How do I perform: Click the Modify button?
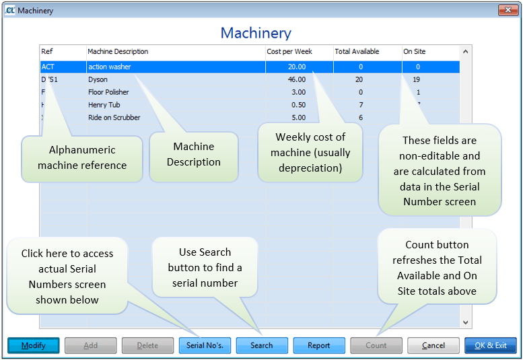coord(34,345)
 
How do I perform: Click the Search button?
coord(261,345)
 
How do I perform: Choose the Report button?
coord(318,345)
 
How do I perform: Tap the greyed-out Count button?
coord(376,345)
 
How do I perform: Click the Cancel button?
coord(433,345)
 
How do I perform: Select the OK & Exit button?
coord(490,345)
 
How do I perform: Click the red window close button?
coord(508,10)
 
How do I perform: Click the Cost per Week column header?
coord(289,52)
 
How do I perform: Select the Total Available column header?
coord(357,52)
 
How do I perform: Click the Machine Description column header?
coord(118,52)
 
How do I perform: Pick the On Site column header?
coord(414,52)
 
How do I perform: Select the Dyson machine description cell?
coord(98,79)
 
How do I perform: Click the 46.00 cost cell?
coord(296,79)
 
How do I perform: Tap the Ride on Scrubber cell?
coord(114,118)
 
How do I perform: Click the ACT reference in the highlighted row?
coord(48,67)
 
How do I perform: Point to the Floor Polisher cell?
coord(108,92)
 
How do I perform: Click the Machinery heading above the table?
coord(256,33)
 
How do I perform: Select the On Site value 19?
coord(417,79)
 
